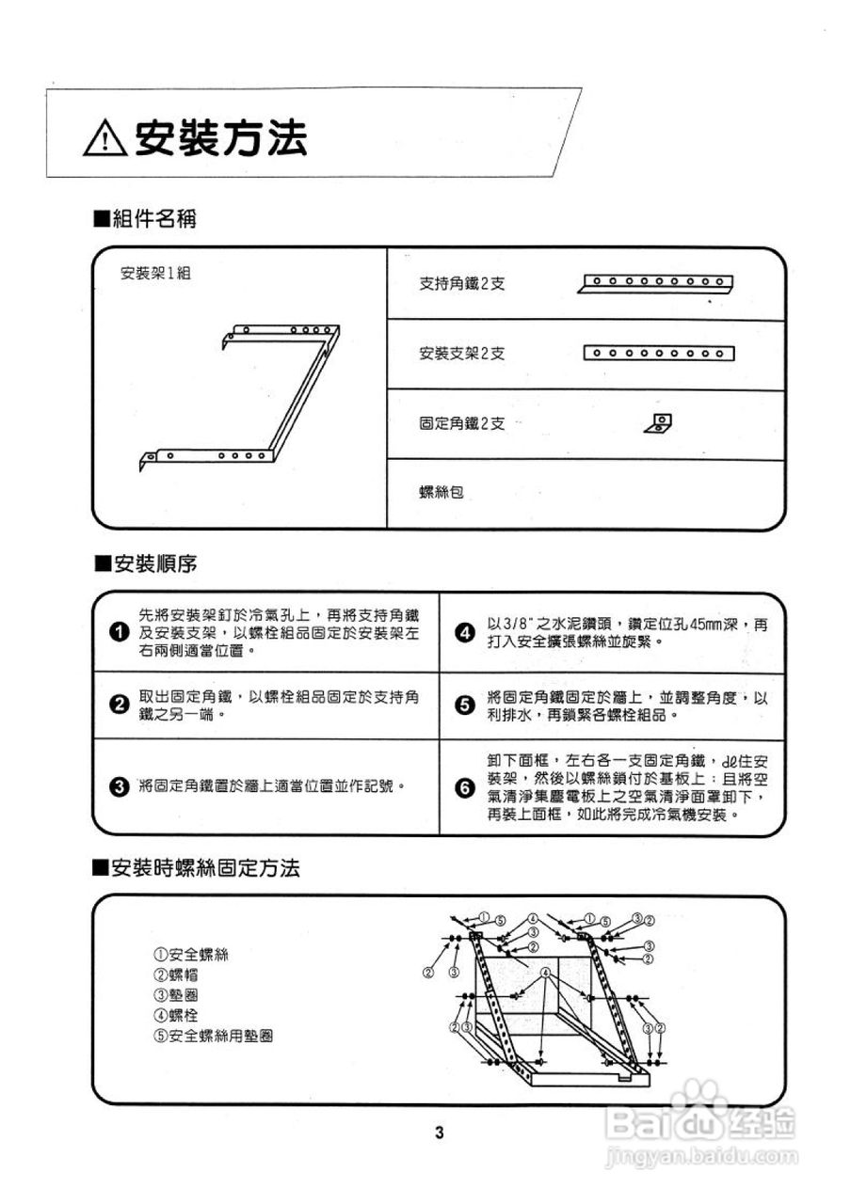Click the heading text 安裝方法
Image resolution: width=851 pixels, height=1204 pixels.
click(220, 140)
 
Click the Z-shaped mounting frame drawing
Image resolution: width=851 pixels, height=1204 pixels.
click(240, 395)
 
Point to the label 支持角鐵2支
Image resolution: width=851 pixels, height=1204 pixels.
click(462, 283)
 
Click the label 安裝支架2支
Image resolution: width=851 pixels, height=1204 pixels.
click(462, 354)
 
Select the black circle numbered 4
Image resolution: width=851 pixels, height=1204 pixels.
click(464, 632)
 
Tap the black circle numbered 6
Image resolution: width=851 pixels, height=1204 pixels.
click(464, 788)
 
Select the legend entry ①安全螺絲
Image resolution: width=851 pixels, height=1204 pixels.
click(190, 954)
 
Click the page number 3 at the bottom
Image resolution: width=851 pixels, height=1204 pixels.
click(439, 1132)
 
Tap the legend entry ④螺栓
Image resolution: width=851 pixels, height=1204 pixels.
click(175, 1015)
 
